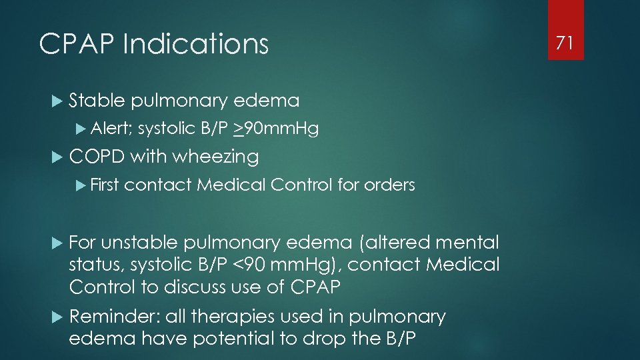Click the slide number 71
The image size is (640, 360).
tap(565, 43)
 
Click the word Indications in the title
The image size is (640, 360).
tap(195, 45)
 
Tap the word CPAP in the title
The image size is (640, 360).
tap(77, 45)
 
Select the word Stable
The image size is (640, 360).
tap(97, 101)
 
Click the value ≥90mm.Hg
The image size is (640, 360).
tap(275, 128)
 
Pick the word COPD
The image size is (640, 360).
tap(97, 157)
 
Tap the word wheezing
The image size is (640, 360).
tap(215, 157)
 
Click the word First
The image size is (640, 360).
tap(103, 185)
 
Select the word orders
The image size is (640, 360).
tap(389, 185)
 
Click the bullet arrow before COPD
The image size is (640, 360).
tap(56, 157)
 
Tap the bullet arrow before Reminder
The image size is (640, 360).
tap(56, 316)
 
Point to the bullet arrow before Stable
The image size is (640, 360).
tap(56, 101)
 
